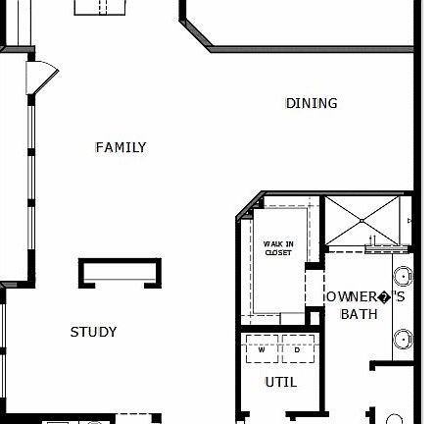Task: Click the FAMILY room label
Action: [121, 147]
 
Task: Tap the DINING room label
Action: [312, 103]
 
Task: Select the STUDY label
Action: [93, 332]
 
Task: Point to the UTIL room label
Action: [280, 382]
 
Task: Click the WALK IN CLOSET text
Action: [278, 247]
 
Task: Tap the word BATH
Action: [359, 314]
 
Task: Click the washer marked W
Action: [262, 348]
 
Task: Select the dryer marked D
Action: [297, 348]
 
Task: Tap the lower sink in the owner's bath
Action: [403, 339]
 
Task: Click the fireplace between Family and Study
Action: [121, 272]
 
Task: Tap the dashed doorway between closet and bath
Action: [315, 287]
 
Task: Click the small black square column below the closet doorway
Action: [315, 318]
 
